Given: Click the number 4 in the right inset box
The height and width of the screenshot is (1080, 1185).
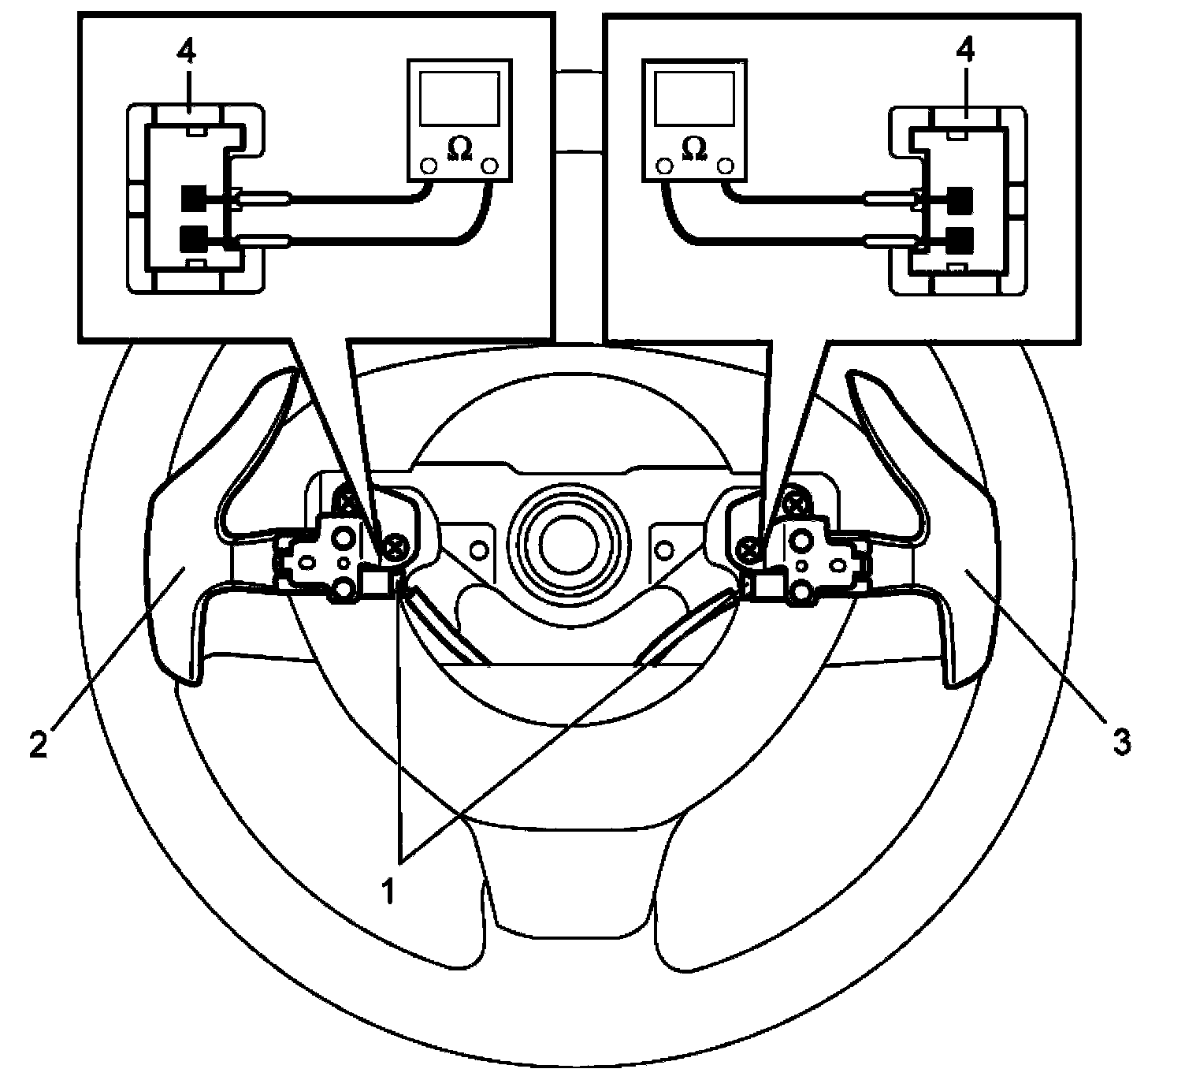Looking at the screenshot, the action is [x=965, y=53].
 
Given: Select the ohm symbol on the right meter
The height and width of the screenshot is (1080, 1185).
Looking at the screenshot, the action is [x=694, y=147].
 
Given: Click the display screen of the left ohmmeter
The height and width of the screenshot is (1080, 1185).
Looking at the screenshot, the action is [x=459, y=97].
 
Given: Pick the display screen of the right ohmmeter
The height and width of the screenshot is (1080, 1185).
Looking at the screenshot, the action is [x=694, y=97].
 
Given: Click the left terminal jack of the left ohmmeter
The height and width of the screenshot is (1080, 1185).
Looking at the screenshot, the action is [x=429, y=167].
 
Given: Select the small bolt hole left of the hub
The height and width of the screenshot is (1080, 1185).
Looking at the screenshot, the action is [x=478, y=548].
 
